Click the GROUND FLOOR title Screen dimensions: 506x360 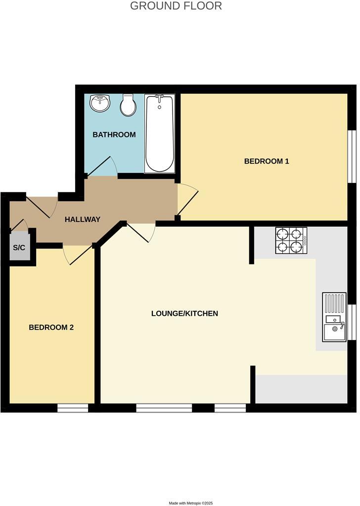[176, 6]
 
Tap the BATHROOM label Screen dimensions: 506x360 [114, 134]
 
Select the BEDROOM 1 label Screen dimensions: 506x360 [267, 161]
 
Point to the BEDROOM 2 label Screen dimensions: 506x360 [51, 327]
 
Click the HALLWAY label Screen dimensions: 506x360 [83, 219]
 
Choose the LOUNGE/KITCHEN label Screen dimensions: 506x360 [184, 313]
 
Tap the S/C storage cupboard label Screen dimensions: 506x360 [19, 247]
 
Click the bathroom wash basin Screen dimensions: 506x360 [100, 104]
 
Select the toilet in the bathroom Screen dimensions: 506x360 [129, 105]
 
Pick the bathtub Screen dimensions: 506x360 [160, 134]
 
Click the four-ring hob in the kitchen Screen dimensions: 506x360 [291, 240]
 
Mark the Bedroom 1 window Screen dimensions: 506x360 [352, 156]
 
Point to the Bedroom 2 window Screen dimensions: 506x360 [73, 408]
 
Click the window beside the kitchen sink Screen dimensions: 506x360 [352, 322]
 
